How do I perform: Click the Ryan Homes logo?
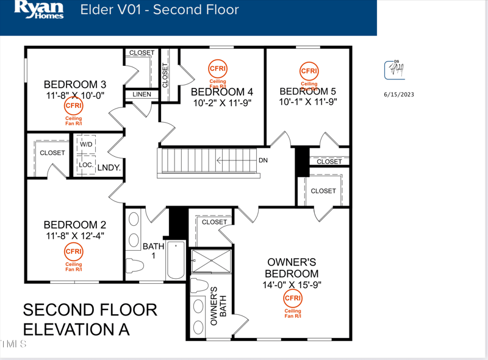(38, 10)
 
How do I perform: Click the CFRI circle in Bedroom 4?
(217, 69)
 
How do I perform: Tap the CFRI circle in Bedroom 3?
(73, 106)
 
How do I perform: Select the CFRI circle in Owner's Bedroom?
(293, 298)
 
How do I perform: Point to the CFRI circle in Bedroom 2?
(73, 251)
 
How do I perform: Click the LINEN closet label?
(142, 95)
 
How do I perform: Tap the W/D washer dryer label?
(86, 144)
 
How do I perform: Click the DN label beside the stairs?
(263, 160)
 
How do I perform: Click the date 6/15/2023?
(399, 95)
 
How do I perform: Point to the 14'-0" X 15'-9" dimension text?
(292, 284)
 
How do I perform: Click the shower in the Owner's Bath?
(211, 262)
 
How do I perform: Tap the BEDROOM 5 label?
(308, 92)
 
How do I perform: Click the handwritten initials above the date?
(394, 71)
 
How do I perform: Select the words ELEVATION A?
(76, 329)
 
